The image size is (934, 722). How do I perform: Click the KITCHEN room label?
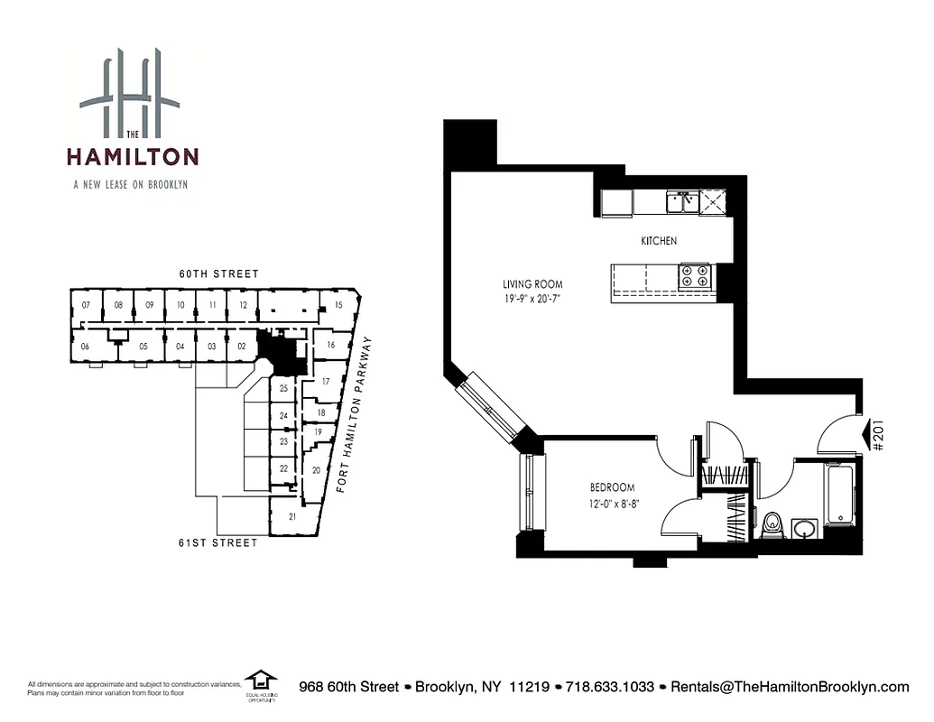click(x=659, y=241)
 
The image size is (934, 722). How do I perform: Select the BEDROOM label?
click(x=613, y=487)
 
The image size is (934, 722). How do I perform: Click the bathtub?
click(x=839, y=495)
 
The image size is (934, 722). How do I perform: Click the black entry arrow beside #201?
click(x=872, y=436)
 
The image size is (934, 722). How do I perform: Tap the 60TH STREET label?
click(x=217, y=274)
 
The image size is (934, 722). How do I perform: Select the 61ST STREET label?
click(x=217, y=542)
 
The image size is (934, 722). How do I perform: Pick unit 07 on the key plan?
click(x=86, y=305)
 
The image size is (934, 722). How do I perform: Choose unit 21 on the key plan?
click(x=292, y=517)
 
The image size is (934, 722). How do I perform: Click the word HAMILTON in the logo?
click(x=132, y=157)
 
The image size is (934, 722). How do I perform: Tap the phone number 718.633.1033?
click(x=609, y=687)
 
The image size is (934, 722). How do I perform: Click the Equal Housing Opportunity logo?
click(x=262, y=683)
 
